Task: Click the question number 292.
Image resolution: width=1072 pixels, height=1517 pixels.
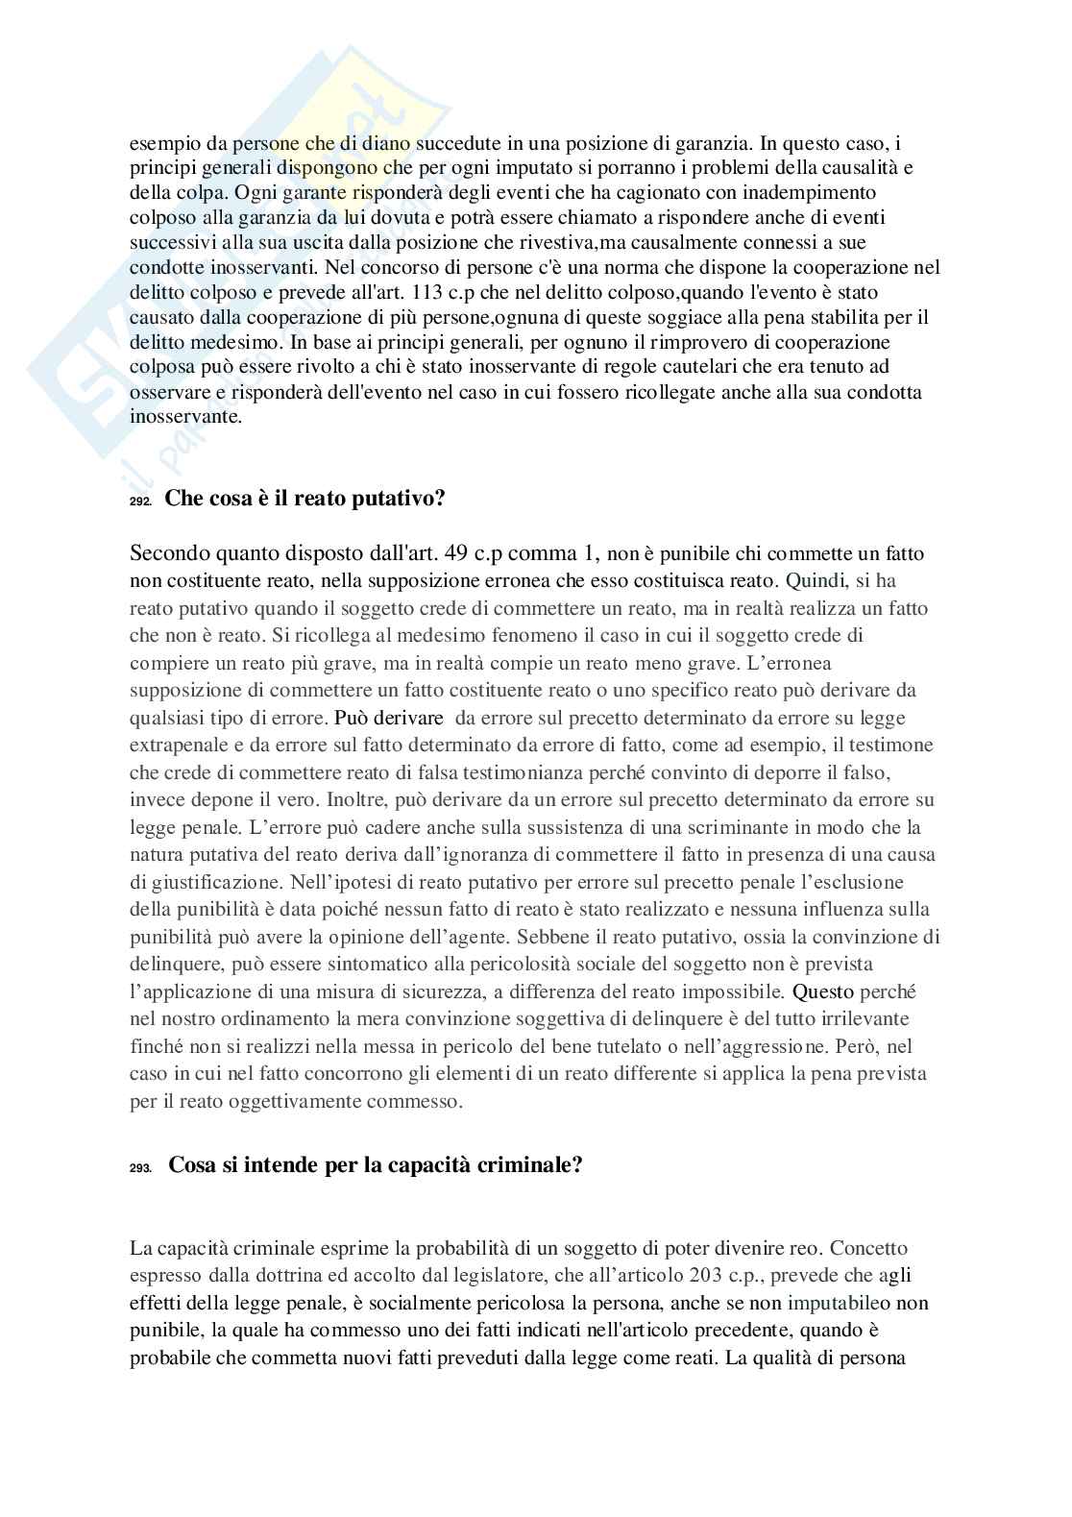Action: [140, 502]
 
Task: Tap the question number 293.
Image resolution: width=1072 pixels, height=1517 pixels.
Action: [140, 1168]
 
